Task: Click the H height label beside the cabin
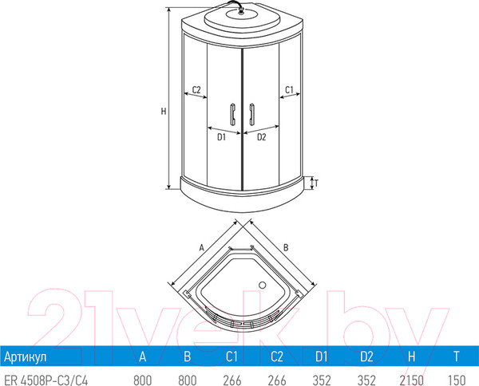[164, 112]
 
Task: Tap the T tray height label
[316, 183]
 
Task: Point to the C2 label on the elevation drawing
[194, 89]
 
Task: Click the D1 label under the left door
[222, 136]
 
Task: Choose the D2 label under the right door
[260, 136]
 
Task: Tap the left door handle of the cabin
[232, 115]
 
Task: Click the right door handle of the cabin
[251, 115]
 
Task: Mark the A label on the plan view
[203, 248]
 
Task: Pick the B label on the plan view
[285, 247]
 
